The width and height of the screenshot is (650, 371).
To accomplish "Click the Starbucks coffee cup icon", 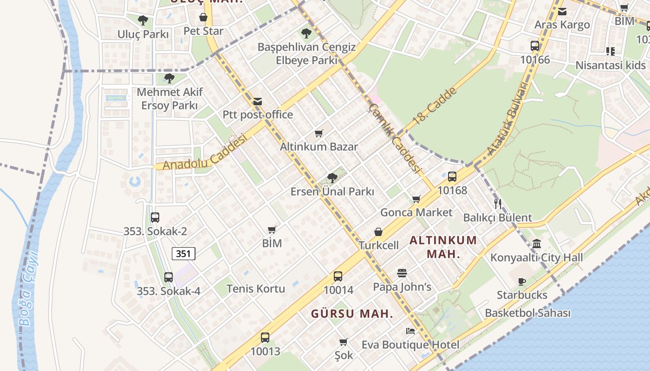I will coord(522,281).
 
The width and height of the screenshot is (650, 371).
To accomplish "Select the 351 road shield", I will coord(183,254).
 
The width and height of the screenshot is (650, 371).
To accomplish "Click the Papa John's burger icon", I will coord(402,273).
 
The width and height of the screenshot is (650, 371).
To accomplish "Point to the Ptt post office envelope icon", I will coord(258,101).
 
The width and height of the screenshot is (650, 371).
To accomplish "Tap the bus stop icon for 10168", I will coord(452,177).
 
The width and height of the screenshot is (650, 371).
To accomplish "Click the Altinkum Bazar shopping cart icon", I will coord(318,134).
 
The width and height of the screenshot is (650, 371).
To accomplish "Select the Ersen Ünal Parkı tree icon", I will coord(332,178).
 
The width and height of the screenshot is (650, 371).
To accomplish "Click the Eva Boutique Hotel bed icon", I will coord(410,331).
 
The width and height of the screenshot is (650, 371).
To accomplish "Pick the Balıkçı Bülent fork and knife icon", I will coord(498,204).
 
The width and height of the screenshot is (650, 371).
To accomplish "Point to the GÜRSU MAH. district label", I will coord(352,314).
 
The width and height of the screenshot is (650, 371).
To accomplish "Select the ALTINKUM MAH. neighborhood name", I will coord(443,247).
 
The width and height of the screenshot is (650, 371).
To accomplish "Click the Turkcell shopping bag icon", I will coord(378,232).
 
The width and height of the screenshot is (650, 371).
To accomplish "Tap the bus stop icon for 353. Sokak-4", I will coord(169,277).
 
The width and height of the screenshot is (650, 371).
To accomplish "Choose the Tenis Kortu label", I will coord(256,288).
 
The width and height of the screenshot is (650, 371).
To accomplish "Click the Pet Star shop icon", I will coord(203,18).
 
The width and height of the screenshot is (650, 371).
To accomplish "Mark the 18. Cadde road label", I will coord(435,105).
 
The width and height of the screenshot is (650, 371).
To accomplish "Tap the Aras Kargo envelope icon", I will coord(562,12).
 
